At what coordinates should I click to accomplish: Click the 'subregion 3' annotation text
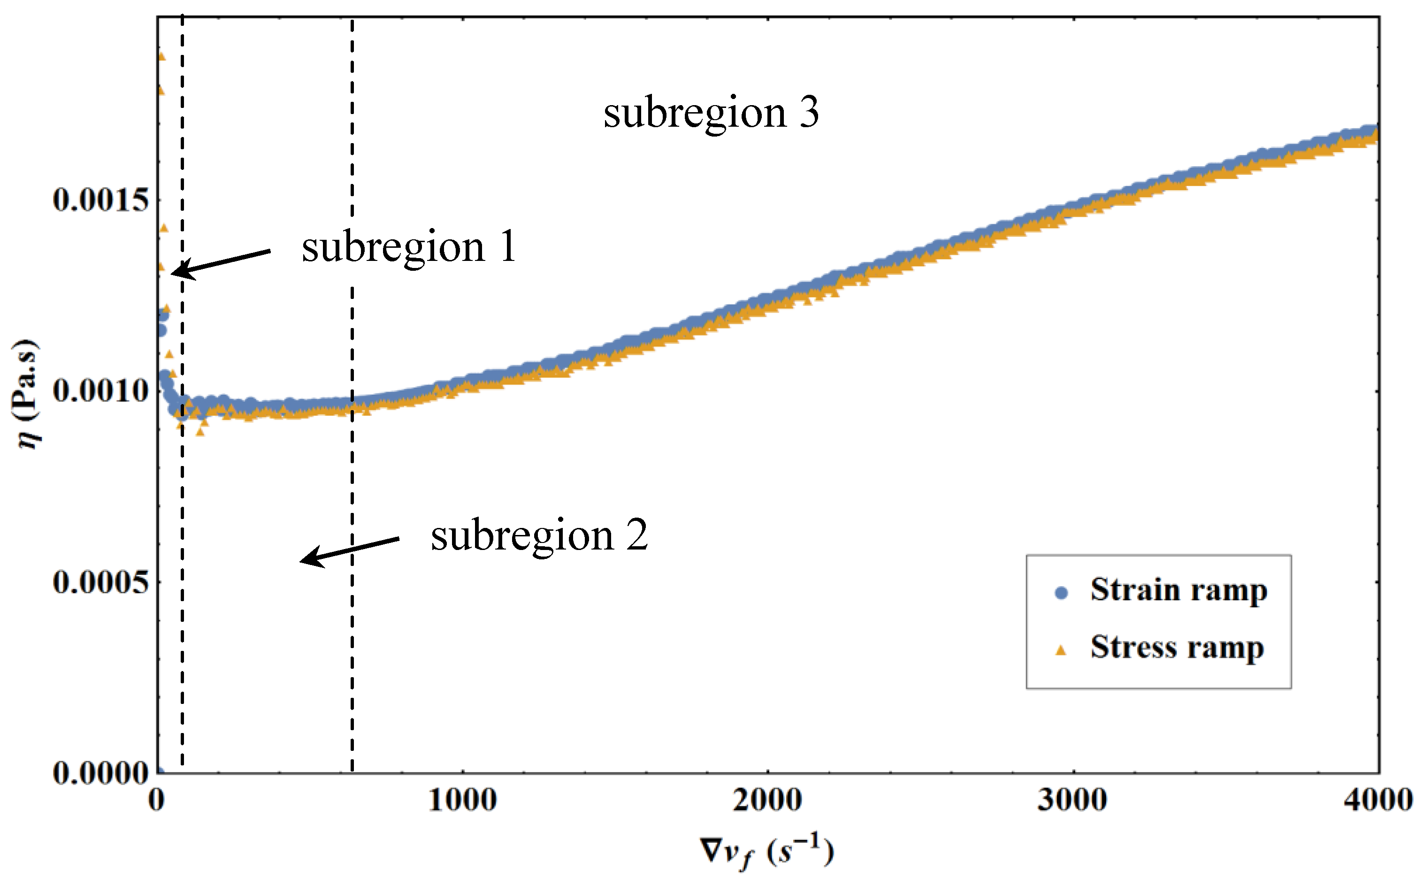coord(711,113)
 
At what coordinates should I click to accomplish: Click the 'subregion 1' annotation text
coord(408,247)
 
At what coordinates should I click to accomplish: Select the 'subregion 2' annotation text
coord(539,535)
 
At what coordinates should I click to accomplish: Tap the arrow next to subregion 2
coord(350,550)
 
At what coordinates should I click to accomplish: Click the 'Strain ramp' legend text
coord(1178,590)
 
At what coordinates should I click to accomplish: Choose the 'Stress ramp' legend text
coord(1177,648)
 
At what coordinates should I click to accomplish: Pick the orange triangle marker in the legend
coord(1061,649)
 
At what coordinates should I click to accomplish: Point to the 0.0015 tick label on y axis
coord(100,200)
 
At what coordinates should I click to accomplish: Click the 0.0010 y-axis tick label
coord(100,391)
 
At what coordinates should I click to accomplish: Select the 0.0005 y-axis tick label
coord(100,582)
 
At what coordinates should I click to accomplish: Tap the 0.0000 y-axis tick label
coord(100,773)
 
